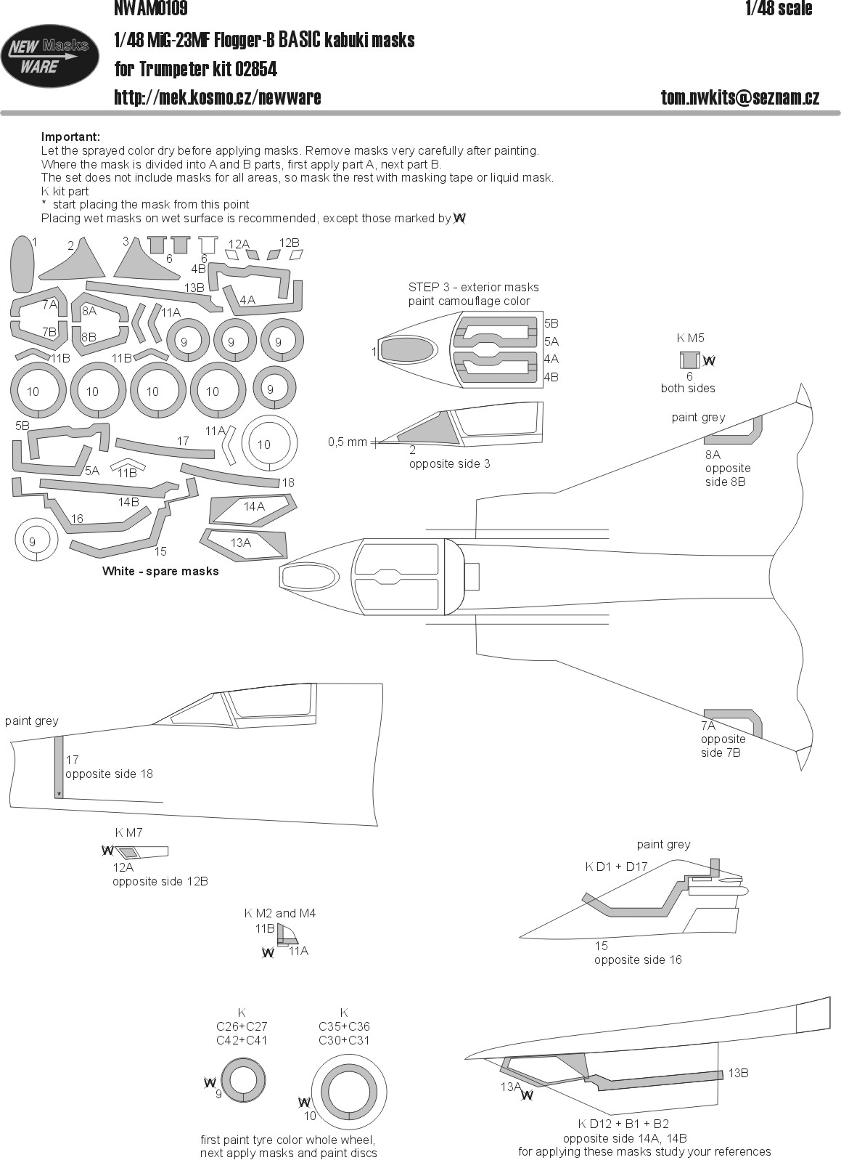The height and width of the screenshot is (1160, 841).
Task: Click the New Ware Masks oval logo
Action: (49, 56)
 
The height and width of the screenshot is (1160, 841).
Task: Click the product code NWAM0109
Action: (150, 8)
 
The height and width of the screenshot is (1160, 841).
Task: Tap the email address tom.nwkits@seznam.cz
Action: (739, 97)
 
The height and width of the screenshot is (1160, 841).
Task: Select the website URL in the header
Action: (217, 97)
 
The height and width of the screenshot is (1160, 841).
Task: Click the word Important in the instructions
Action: (70, 137)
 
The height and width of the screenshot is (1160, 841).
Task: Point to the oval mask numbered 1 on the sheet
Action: (22, 264)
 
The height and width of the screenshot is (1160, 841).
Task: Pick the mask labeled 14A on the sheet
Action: (253, 510)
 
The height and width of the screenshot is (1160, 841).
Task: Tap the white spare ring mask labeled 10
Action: (269, 443)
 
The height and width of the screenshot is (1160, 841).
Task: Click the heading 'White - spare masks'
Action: (160, 571)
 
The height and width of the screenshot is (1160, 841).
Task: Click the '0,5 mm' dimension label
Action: (347, 442)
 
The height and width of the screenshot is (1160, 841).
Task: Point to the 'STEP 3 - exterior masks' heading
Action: (473, 288)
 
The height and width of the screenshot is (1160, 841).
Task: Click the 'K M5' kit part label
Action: (691, 338)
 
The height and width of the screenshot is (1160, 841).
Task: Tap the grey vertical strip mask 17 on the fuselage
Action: (59, 767)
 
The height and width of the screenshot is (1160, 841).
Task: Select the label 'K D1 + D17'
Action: (616, 867)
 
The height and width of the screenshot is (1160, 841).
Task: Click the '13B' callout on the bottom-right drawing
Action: (738, 1073)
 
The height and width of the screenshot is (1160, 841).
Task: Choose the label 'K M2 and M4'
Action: (280, 913)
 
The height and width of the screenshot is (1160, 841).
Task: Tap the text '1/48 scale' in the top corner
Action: (779, 8)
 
